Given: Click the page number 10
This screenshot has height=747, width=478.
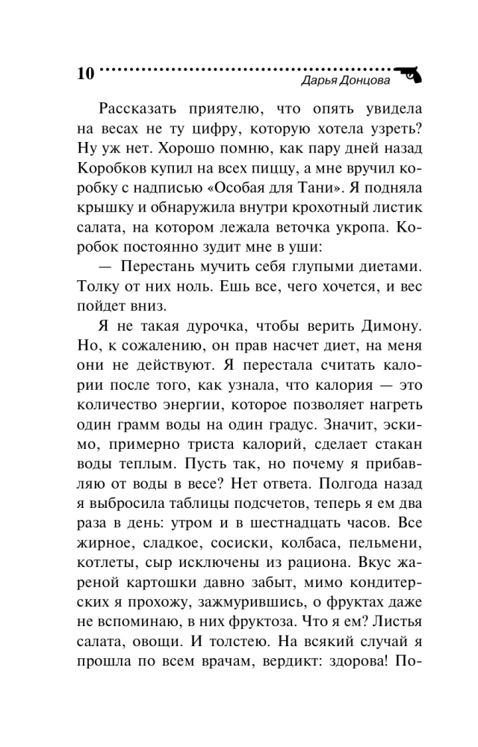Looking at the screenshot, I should (x=85, y=75).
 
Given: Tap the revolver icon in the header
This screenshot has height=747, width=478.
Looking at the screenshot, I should (x=409, y=72).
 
